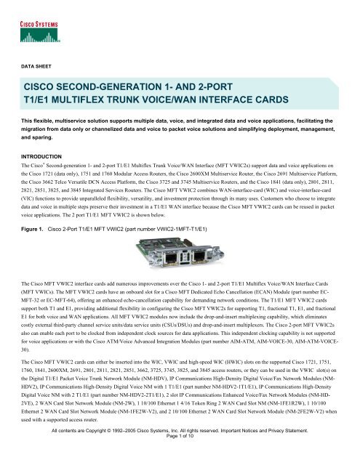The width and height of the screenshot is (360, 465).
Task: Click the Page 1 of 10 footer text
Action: point(179,454)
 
